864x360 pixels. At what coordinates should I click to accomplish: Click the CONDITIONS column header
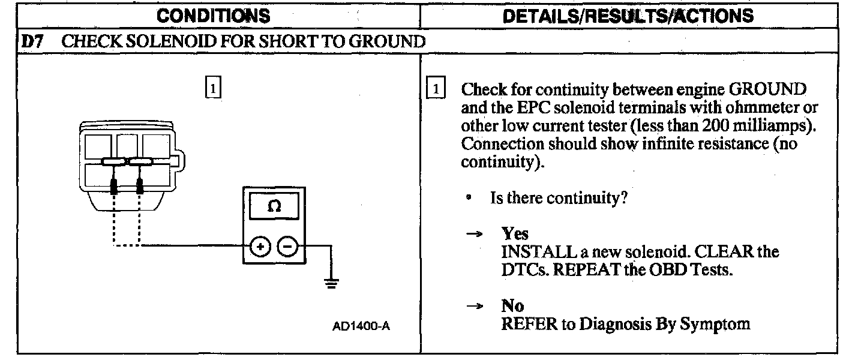click(x=213, y=15)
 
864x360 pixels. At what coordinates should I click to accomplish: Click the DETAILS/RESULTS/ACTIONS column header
click(x=628, y=15)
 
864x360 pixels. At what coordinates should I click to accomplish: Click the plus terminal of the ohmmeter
click(x=260, y=246)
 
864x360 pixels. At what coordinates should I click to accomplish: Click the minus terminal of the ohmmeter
click(x=287, y=246)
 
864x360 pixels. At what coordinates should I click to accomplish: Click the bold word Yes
click(x=515, y=233)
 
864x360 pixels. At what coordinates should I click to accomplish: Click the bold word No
click(x=512, y=306)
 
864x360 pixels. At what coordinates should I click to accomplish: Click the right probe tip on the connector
click(x=140, y=187)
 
